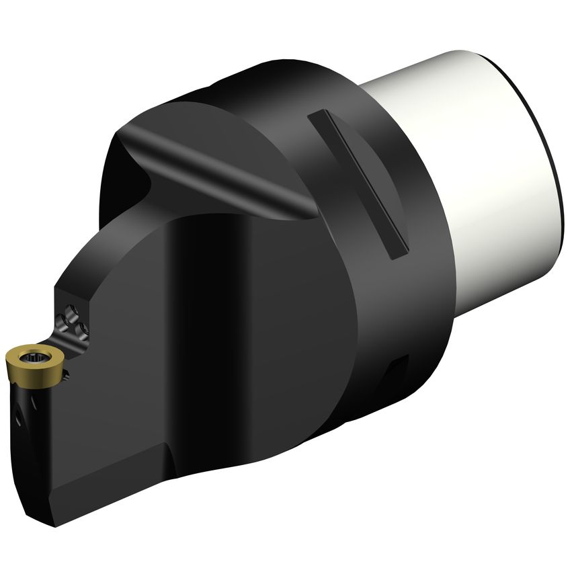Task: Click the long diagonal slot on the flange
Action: click(360, 185)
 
